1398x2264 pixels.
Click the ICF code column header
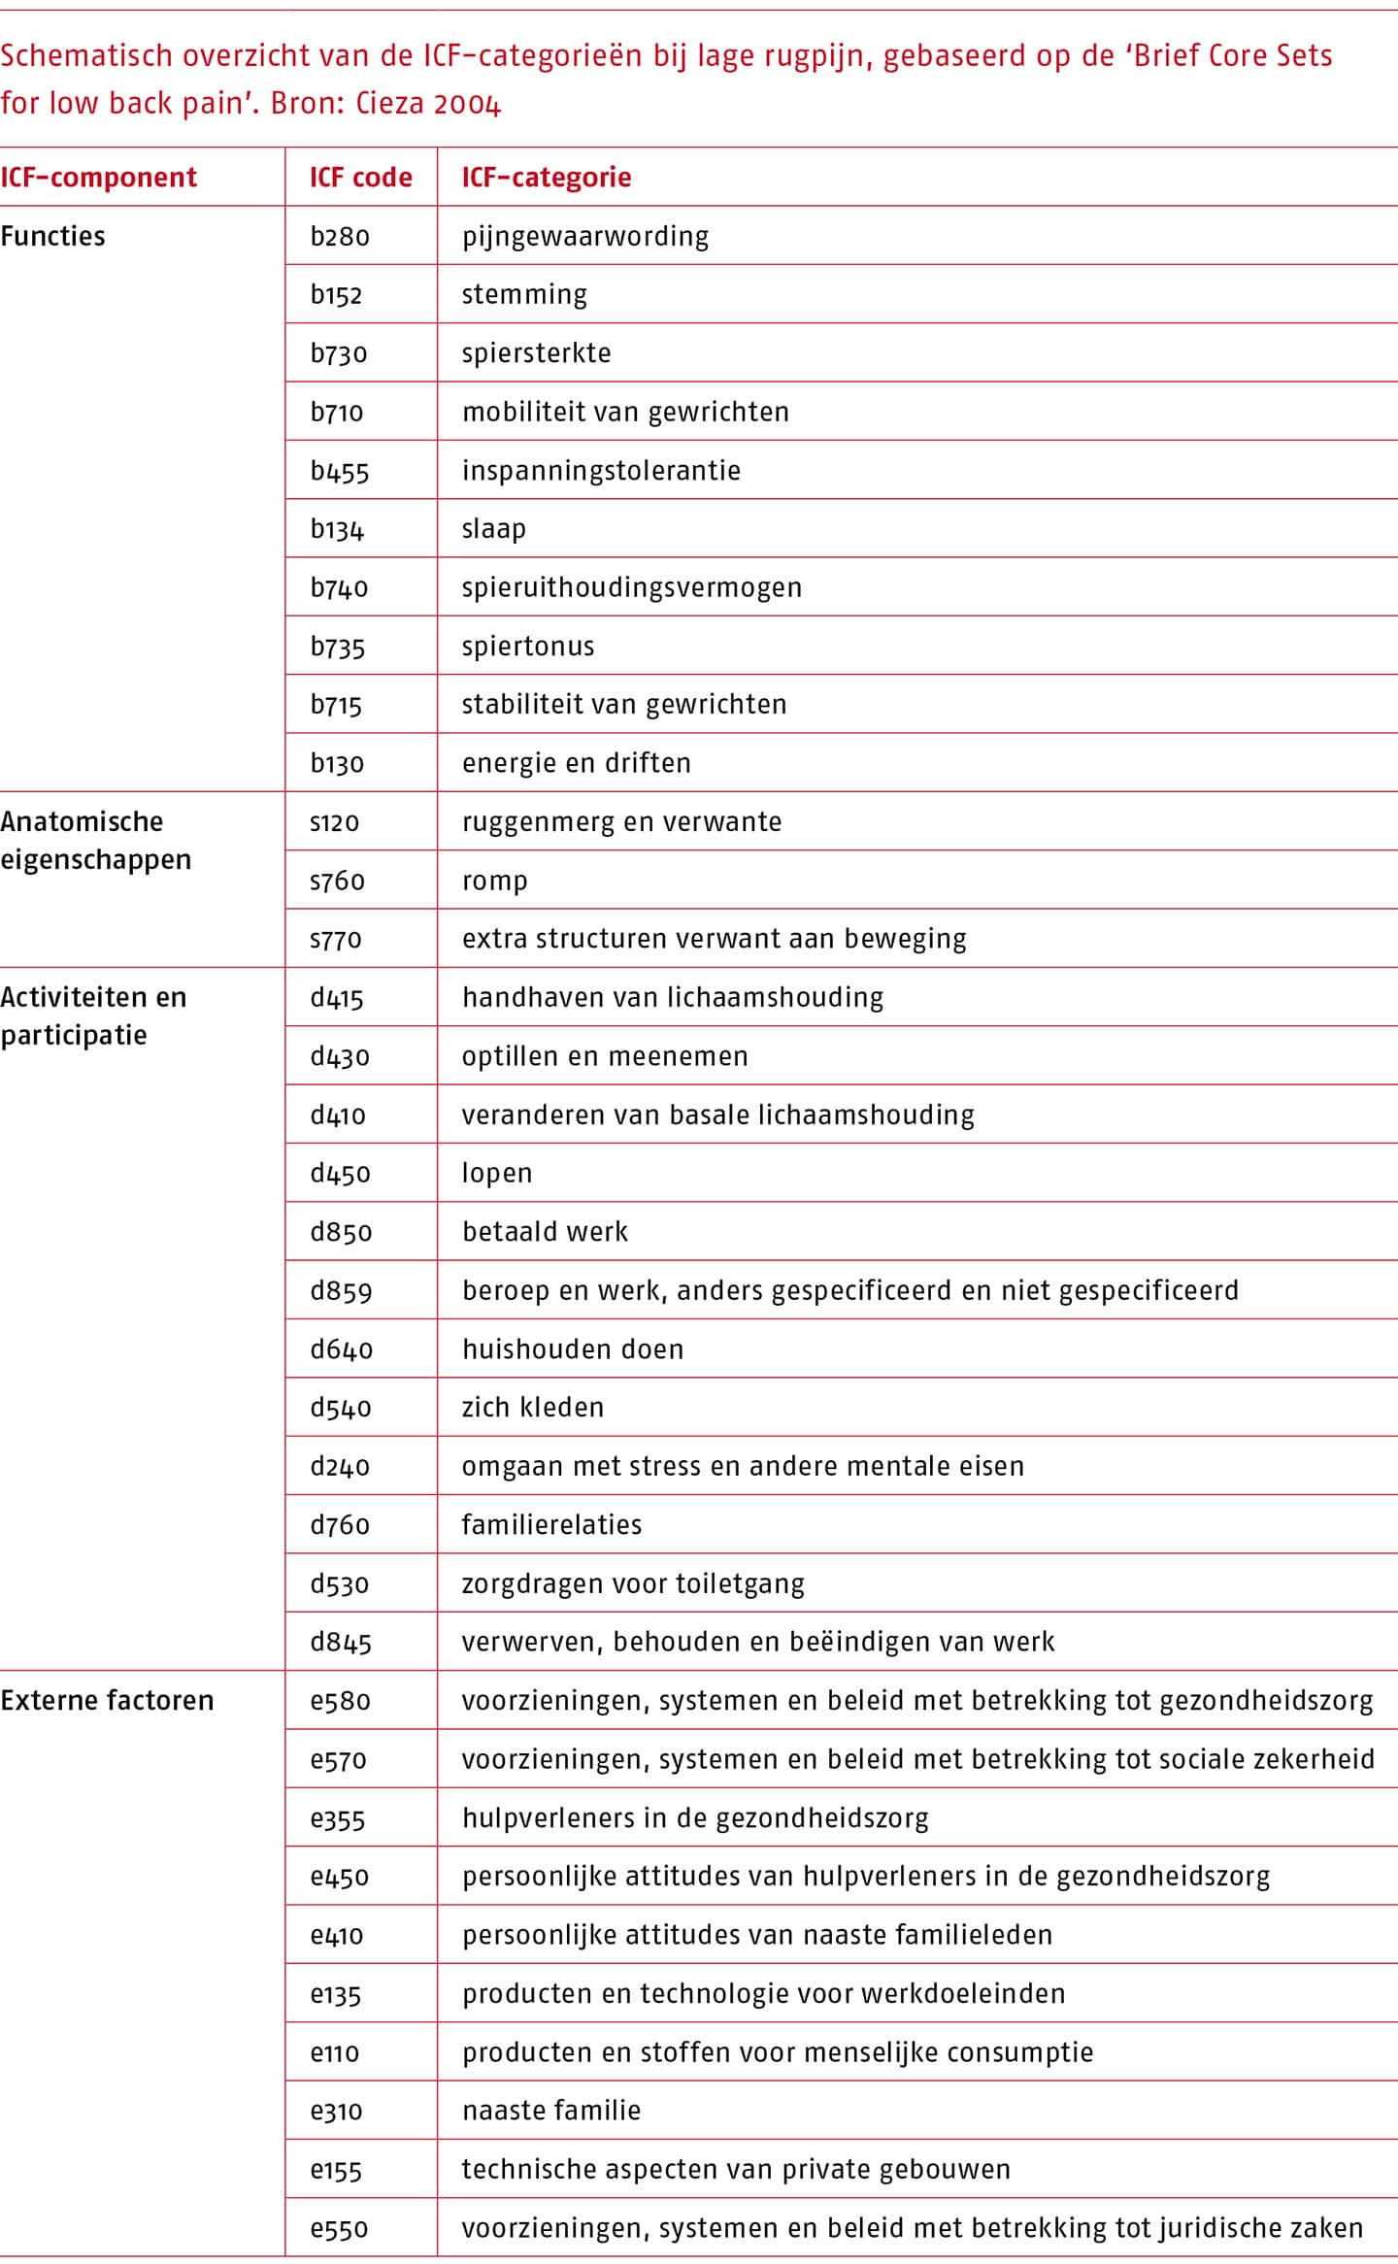(360, 178)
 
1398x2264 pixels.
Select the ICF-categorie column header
(546, 178)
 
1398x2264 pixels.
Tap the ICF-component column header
(98, 178)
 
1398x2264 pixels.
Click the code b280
(340, 237)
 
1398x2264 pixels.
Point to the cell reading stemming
(524, 295)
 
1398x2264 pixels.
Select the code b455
(340, 471)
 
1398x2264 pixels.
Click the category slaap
(493, 529)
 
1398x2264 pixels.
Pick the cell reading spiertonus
(527, 647)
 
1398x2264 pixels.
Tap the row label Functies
(52, 237)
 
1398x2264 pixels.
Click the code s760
(337, 881)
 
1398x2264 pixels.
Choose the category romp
(494, 881)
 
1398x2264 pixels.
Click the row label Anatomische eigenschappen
(95, 841)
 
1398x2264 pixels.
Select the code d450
(340, 1174)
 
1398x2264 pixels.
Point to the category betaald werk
(545, 1232)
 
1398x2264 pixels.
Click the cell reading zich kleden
(532, 1408)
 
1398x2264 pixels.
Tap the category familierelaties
(551, 1524)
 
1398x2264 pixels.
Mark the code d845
(341, 1642)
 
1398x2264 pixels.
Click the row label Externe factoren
(107, 1701)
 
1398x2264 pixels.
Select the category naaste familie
(550, 2111)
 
